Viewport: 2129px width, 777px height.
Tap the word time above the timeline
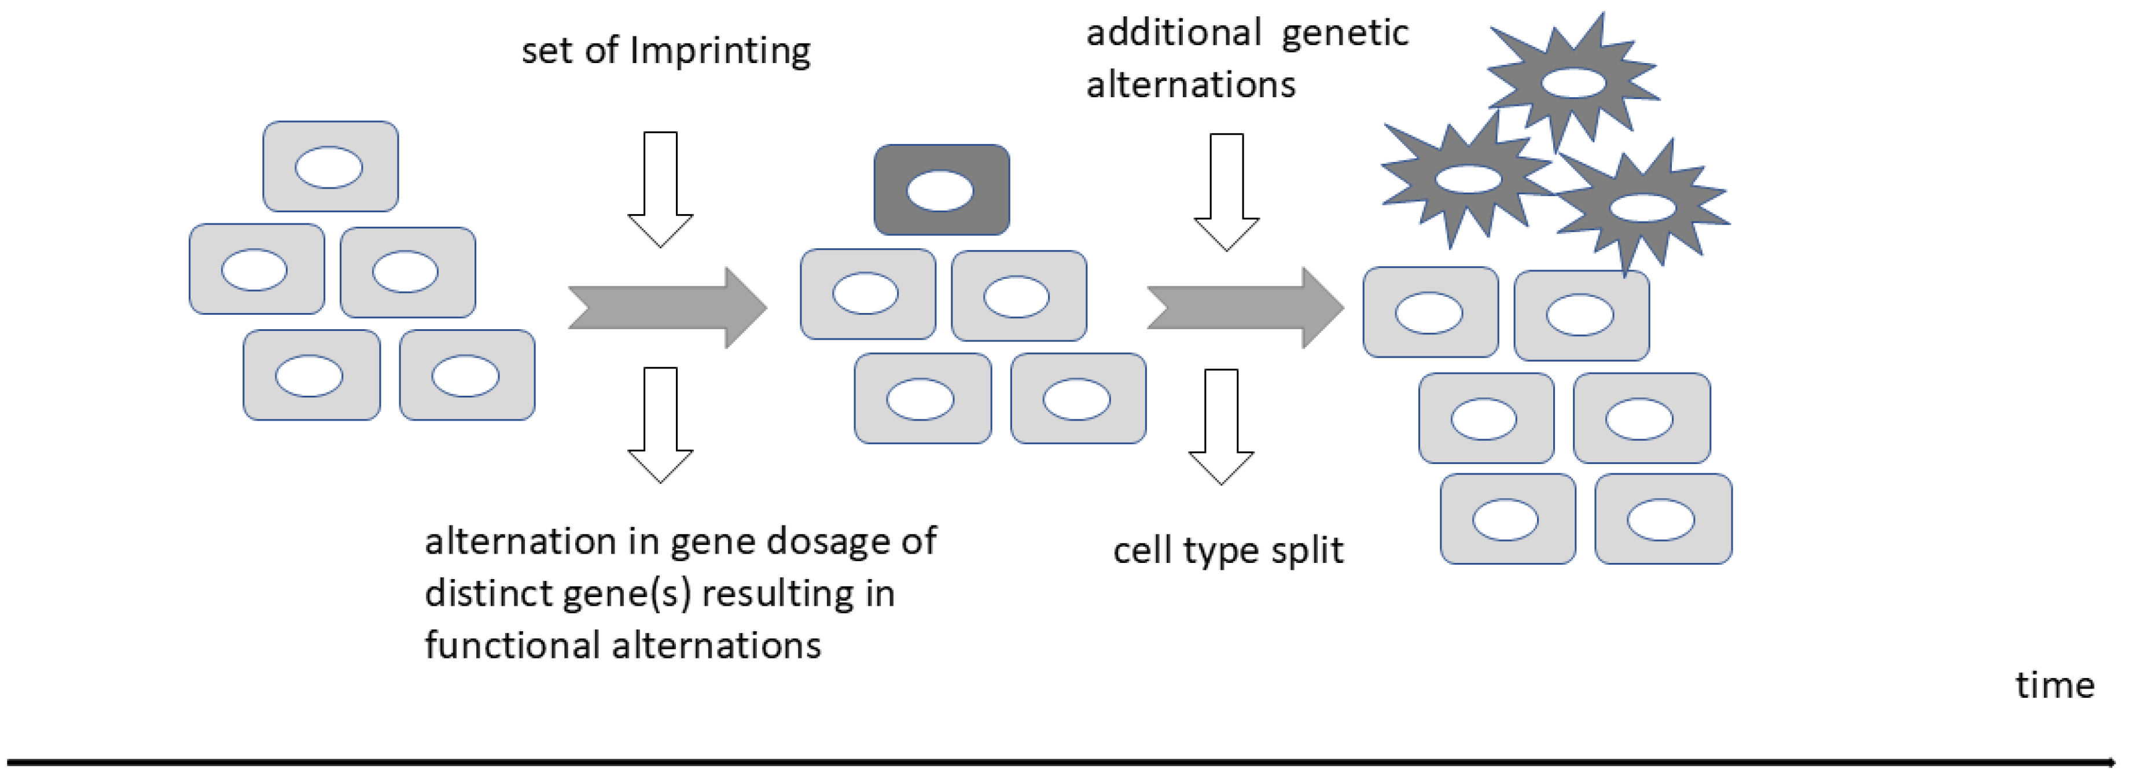tap(2054, 685)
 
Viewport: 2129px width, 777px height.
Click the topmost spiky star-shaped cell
tap(1573, 83)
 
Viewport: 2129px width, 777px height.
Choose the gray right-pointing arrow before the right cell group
tap(1244, 307)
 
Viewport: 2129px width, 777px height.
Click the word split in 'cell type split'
tap(1307, 551)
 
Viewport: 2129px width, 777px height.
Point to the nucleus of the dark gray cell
tap(940, 191)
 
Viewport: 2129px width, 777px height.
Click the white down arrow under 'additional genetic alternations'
tap(1226, 192)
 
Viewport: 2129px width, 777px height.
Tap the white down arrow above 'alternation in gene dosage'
tap(660, 424)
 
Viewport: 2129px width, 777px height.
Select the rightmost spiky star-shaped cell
tap(1642, 208)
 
